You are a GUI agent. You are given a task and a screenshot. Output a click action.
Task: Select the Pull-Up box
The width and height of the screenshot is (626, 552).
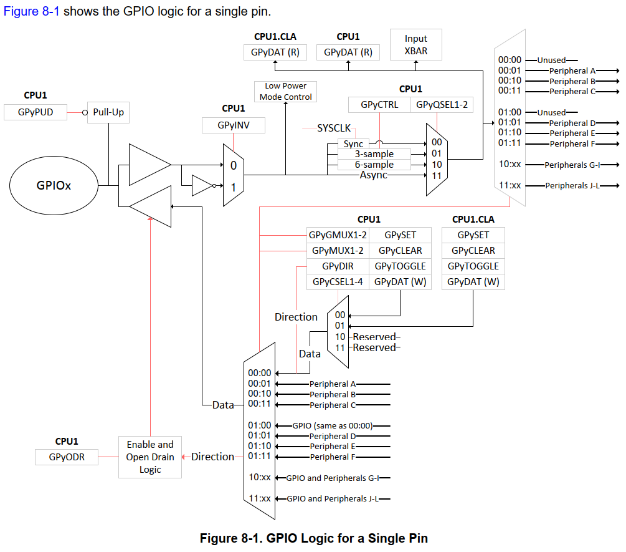(109, 113)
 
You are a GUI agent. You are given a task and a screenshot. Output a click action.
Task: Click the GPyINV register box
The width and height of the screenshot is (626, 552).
(234, 125)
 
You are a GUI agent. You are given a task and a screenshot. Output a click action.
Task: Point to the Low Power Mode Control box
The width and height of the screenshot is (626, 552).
(285, 92)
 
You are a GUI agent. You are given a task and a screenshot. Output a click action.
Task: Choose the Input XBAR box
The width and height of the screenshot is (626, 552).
(415, 45)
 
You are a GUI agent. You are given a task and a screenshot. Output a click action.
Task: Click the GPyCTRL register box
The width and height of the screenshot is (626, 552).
(379, 105)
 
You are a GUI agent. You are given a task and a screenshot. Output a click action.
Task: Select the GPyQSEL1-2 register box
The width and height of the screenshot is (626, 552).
(442, 105)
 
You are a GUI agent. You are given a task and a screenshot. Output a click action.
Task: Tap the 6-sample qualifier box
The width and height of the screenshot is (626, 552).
(374, 165)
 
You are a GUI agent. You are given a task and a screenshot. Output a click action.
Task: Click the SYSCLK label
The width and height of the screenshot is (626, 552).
(334, 128)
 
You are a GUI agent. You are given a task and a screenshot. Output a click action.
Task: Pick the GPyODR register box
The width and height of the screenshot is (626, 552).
(67, 457)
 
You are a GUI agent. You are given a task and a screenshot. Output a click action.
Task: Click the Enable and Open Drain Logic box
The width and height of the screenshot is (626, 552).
(150, 457)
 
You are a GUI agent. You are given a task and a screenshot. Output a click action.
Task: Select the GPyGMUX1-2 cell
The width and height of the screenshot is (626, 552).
(338, 235)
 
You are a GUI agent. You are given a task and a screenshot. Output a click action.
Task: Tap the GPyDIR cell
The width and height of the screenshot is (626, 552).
(338, 266)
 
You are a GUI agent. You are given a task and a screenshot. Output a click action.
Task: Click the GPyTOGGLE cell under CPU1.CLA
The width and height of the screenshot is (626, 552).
(473, 266)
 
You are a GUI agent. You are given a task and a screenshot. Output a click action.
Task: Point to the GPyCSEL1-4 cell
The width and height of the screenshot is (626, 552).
(338, 282)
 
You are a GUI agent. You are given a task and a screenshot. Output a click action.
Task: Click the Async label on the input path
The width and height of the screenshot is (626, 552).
(373, 175)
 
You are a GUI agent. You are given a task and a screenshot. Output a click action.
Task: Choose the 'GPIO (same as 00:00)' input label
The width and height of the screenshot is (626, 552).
(332, 426)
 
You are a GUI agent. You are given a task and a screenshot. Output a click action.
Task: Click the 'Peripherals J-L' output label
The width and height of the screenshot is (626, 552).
(572, 186)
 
